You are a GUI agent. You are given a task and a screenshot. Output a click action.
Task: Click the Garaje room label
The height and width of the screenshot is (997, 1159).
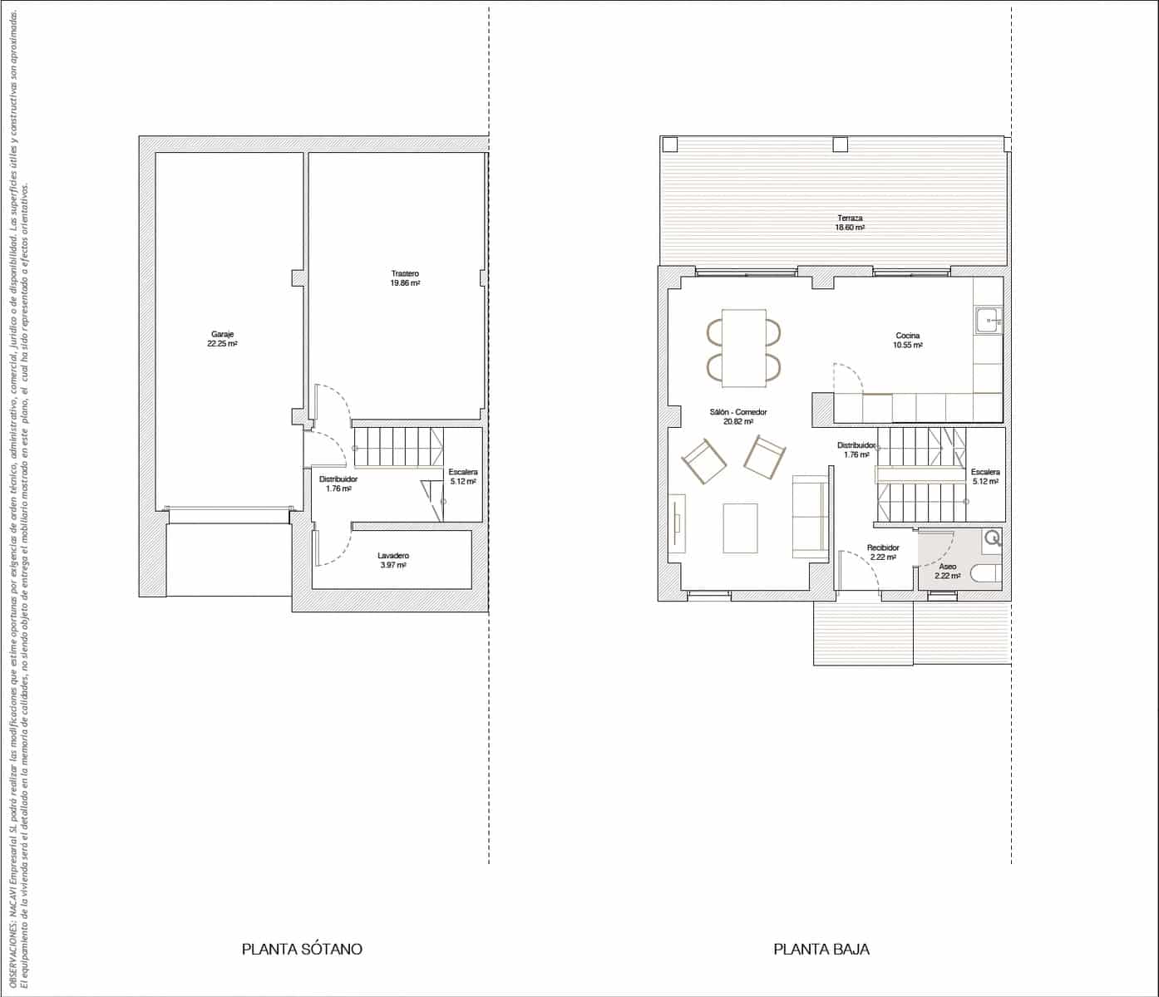click(222, 338)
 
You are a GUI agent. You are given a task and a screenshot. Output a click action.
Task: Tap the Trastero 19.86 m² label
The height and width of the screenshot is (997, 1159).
click(405, 277)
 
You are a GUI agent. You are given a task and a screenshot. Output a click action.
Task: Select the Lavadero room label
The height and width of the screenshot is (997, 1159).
click(392, 560)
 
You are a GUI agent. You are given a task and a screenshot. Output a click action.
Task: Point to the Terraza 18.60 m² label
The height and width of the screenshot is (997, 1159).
click(850, 223)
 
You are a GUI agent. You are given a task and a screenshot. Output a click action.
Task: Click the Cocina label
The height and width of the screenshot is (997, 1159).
click(907, 340)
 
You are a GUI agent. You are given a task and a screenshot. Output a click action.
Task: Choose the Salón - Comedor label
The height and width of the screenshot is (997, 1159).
click(737, 416)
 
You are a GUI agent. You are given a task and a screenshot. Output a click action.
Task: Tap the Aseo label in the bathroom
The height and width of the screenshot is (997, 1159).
click(947, 571)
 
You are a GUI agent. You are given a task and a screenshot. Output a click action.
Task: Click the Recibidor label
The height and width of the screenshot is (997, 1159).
click(883, 553)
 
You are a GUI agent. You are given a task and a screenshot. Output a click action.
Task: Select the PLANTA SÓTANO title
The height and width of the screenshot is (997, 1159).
click(302, 949)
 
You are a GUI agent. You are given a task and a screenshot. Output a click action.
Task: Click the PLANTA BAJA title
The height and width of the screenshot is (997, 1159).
click(821, 949)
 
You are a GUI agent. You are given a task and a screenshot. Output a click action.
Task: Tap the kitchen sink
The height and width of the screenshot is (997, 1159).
click(988, 320)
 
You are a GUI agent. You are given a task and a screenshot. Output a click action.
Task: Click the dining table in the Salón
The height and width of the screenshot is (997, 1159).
click(744, 347)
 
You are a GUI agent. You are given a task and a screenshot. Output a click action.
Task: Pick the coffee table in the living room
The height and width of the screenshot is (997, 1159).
click(740, 528)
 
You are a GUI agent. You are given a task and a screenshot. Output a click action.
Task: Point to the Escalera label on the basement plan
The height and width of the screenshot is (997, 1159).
click(463, 476)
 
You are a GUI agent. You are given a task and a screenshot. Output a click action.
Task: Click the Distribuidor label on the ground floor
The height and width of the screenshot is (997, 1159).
click(856, 449)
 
